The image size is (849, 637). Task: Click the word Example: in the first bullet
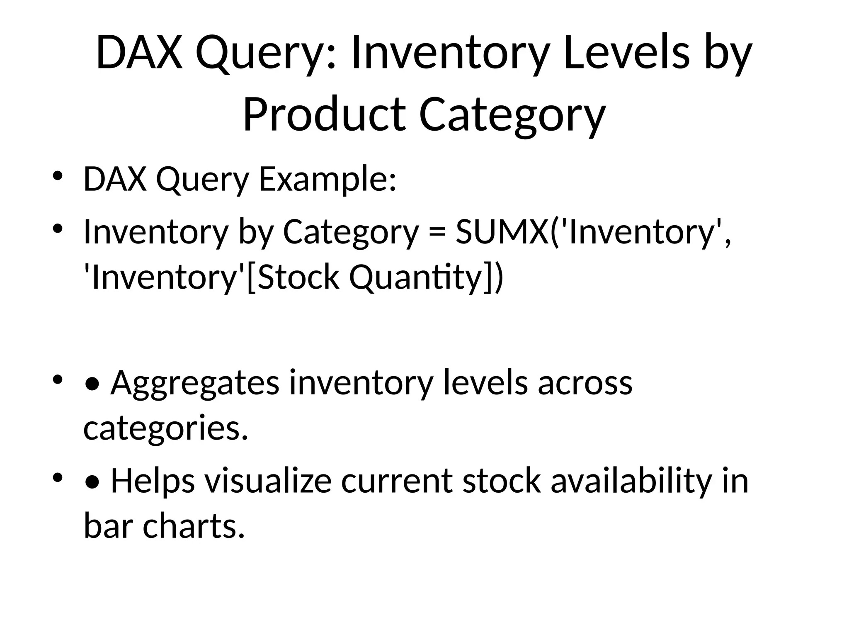coord(327,180)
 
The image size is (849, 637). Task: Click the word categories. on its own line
coord(165,428)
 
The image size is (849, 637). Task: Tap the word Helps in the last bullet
coord(153,481)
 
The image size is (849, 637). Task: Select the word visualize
coord(268,481)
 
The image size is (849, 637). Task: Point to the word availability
coord(630,481)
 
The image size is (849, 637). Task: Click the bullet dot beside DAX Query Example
coord(57,175)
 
